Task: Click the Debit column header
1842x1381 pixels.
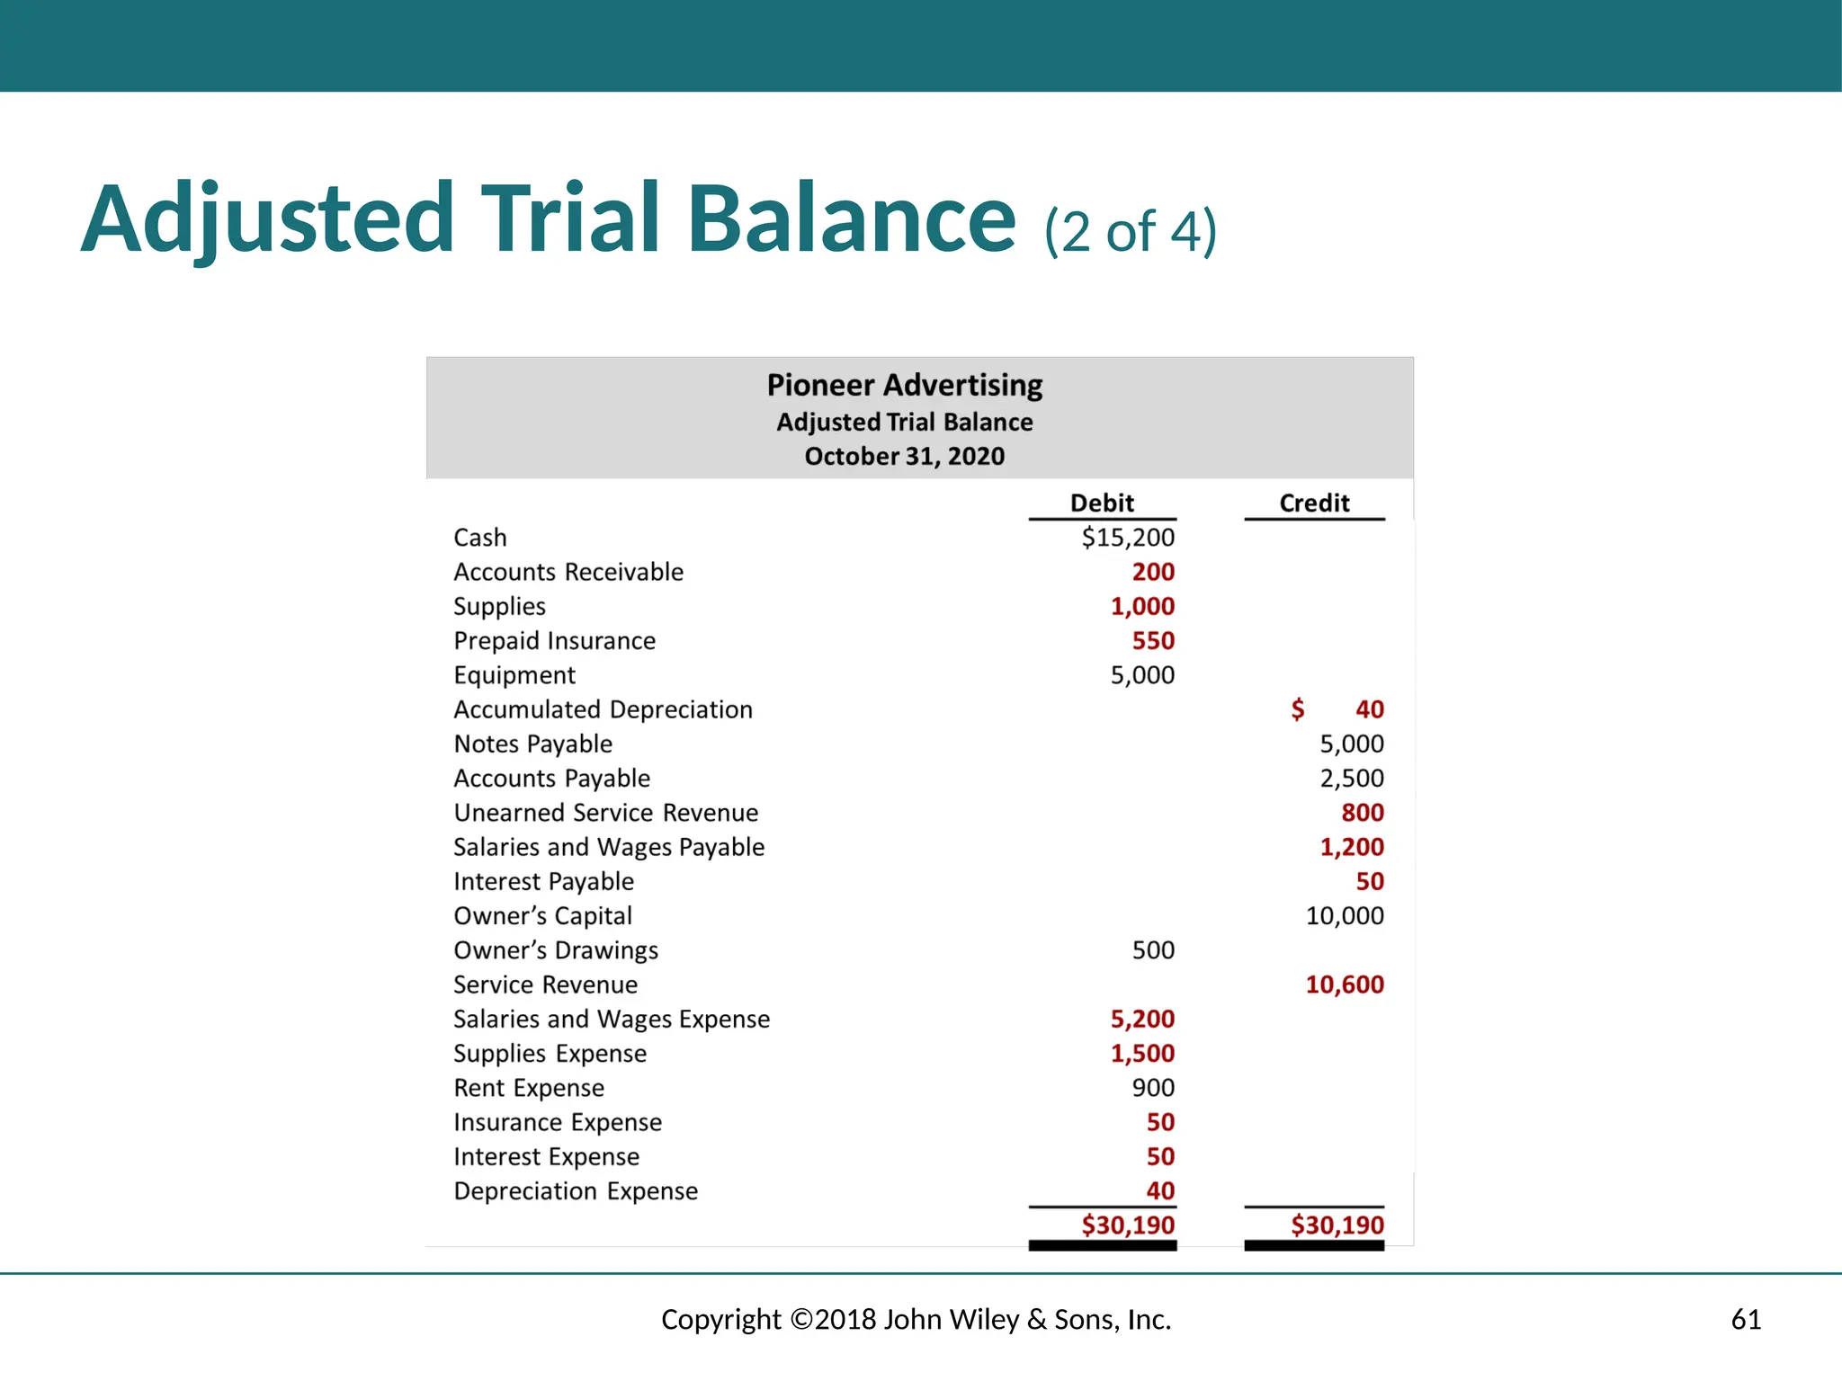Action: click(1102, 503)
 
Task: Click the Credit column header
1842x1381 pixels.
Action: click(1314, 503)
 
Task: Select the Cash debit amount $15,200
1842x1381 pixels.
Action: click(1128, 538)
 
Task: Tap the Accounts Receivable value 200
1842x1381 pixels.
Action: click(1153, 572)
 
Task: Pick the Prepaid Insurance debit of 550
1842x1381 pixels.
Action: click(1153, 641)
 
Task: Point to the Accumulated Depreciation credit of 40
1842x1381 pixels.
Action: click(1369, 709)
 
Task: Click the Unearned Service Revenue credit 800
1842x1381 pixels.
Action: click(1363, 813)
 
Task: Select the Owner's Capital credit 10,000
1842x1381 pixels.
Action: click(1345, 916)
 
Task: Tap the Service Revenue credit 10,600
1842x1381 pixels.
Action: click(1345, 985)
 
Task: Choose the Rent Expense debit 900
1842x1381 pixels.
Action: click(1153, 1088)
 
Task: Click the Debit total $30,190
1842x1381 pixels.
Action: click(1128, 1225)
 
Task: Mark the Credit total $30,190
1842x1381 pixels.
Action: click(1337, 1225)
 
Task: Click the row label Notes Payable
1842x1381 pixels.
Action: click(532, 744)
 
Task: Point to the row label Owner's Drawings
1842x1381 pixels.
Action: click(556, 950)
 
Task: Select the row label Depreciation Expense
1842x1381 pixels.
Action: click(576, 1191)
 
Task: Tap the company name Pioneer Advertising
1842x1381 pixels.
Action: click(905, 385)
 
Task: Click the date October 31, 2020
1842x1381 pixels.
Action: click(905, 456)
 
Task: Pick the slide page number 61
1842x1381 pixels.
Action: click(1746, 1319)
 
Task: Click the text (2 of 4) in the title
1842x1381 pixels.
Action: click(1131, 231)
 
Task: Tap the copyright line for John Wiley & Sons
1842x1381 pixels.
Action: click(917, 1319)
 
